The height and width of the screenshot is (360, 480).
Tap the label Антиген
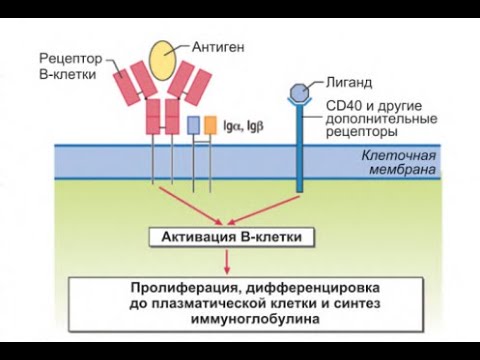(214, 45)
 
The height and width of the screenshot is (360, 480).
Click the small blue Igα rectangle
(193, 125)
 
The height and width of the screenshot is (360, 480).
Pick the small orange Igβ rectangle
(210, 125)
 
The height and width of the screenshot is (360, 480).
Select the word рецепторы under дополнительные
(359, 131)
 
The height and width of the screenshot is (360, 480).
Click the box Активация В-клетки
(231, 237)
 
